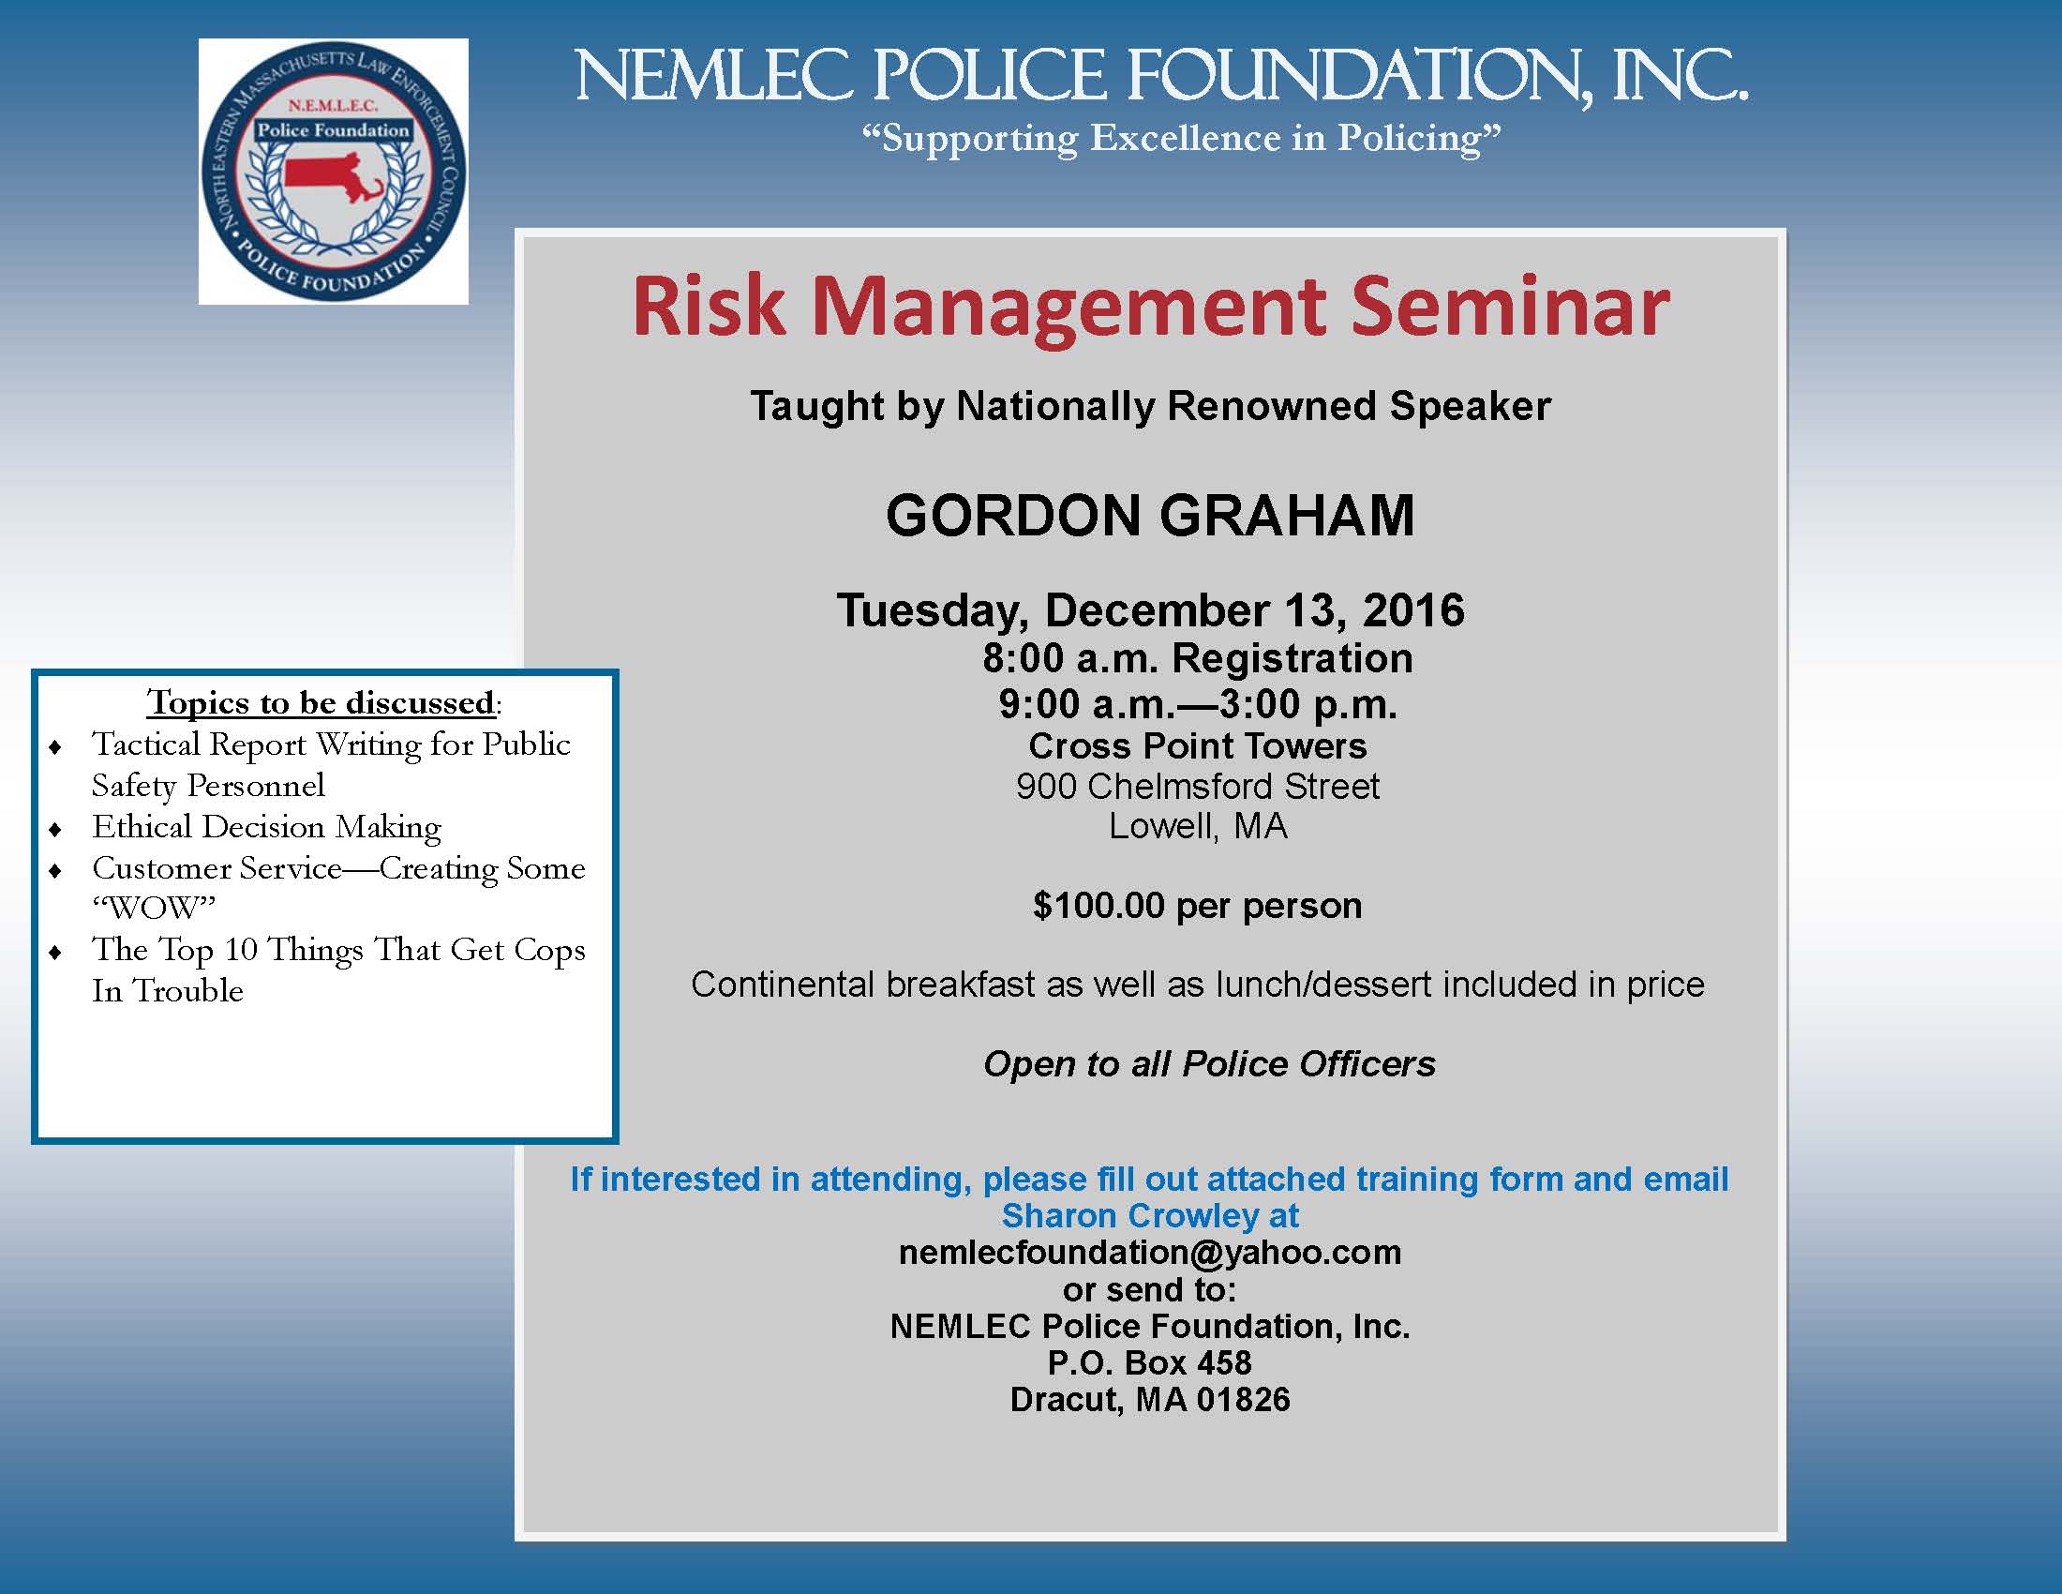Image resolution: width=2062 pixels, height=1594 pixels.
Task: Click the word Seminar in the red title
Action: point(1510,307)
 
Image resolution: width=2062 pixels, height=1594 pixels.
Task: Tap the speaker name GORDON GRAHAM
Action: point(1150,516)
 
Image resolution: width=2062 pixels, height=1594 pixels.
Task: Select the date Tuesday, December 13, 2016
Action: point(1150,611)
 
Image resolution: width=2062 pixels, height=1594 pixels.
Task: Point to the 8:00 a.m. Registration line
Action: point(1197,658)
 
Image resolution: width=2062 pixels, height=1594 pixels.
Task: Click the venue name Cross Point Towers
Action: point(1197,746)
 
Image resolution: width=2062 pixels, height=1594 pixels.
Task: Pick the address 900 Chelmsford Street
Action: point(1197,786)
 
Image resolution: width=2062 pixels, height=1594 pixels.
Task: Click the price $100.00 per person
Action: point(1197,906)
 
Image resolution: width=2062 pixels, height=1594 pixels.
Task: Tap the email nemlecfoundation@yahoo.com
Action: point(1150,1252)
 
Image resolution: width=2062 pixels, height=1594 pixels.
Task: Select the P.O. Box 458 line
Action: point(1150,1362)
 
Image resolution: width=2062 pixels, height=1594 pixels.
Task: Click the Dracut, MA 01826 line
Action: point(1150,1400)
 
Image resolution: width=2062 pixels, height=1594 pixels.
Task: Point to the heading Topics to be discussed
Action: point(321,702)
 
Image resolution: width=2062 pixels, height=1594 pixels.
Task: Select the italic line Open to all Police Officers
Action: point(1208,1064)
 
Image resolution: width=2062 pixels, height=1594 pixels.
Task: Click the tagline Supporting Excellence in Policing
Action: point(1181,139)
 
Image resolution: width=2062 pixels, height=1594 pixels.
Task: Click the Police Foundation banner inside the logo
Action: point(334,130)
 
